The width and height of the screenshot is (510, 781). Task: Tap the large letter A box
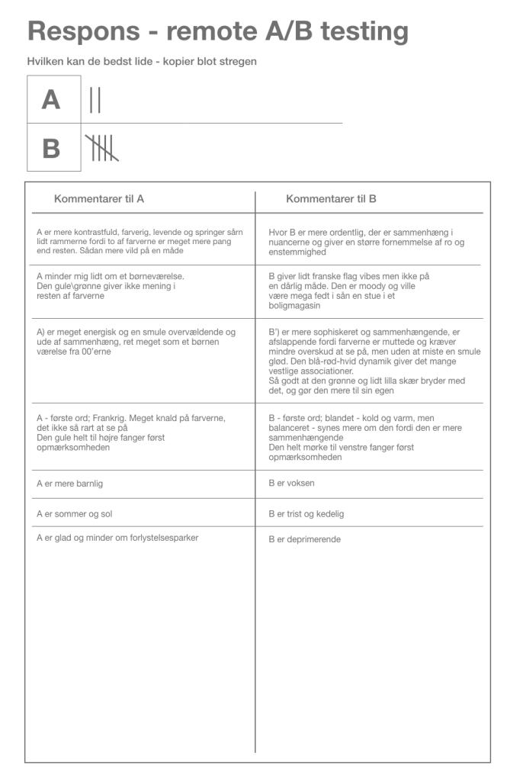(x=51, y=100)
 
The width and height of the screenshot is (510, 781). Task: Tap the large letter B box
(x=51, y=148)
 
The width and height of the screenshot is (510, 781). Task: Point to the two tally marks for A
(x=95, y=100)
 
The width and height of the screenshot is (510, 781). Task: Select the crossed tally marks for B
(x=101, y=148)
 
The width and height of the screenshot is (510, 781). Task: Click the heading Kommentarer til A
(x=99, y=199)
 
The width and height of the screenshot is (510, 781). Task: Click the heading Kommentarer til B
(x=331, y=199)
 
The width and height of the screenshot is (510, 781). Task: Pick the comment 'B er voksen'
(x=291, y=484)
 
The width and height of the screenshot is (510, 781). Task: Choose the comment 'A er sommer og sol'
(x=75, y=513)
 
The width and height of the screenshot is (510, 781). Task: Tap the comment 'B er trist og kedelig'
(x=306, y=513)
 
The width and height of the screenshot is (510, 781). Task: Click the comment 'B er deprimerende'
(x=304, y=539)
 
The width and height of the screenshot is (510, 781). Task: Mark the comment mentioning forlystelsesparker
(x=117, y=538)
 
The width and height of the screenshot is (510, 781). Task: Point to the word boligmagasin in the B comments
(x=294, y=305)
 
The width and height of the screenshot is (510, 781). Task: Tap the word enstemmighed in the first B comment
(x=297, y=251)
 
